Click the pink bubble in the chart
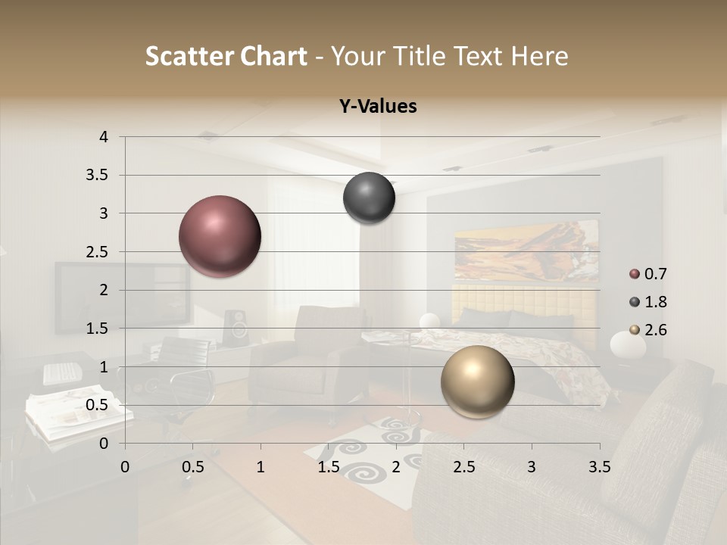pos(220,236)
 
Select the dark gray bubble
pos(369,198)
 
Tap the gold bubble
pos(477,381)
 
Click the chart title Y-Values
pos(377,107)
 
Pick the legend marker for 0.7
pos(635,274)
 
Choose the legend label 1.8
pos(656,302)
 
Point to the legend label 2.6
pos(656,330)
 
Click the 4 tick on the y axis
pos(105,137)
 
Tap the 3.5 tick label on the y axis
pos(98,176)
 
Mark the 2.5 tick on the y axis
pos(98,252)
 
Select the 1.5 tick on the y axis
pos(98,329)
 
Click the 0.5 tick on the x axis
pos(192,466)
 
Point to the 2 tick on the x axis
pos(395,466)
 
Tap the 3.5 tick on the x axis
pos(599,466)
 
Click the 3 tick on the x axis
pos(531,466)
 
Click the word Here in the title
pos(538,56)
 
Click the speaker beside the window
pos(236,328)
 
